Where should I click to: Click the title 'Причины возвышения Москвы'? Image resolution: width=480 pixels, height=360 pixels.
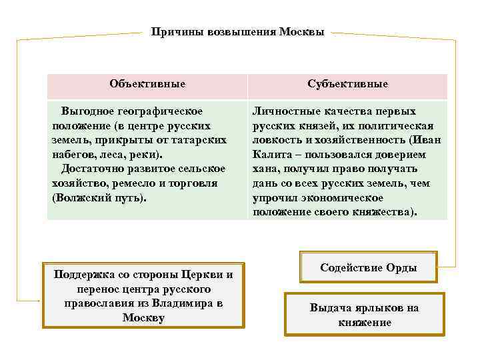coord(238,31)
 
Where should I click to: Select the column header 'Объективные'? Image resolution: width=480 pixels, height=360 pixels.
coord(147,84)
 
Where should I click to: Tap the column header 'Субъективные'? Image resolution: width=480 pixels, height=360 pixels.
coord(348,84)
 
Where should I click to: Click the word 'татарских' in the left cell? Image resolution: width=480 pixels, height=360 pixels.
coord(201,140)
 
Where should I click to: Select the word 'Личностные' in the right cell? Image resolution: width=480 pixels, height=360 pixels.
coord(283,111)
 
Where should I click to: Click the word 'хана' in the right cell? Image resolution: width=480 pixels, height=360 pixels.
coord(265,169)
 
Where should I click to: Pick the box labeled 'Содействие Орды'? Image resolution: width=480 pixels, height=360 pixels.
coord(368,268)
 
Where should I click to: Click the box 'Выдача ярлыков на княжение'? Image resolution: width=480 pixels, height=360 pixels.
coord(364,315)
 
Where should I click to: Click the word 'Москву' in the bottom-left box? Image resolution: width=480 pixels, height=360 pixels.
coord(143,318)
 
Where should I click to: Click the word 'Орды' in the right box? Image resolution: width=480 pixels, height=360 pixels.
coord(402,268)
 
